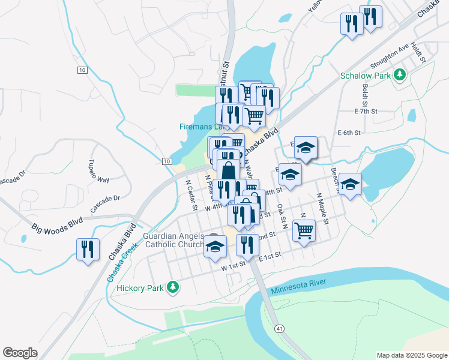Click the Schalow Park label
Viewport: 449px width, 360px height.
tap(365, 76)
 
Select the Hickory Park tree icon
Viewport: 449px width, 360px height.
tap(173, 288)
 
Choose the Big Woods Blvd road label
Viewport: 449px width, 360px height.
tap(57, 226)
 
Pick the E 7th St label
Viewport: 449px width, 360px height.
tap(366, 112)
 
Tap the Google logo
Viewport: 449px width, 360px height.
tap(20, 353)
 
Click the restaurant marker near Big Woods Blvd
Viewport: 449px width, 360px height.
tap(88, 249)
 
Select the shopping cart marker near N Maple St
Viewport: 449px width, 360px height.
tap(304, 230)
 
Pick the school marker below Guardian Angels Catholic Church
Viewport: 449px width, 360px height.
tap(214, 247)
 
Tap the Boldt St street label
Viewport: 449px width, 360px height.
tap(366, 92)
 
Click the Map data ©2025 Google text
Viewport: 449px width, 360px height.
tap(411, 355)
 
